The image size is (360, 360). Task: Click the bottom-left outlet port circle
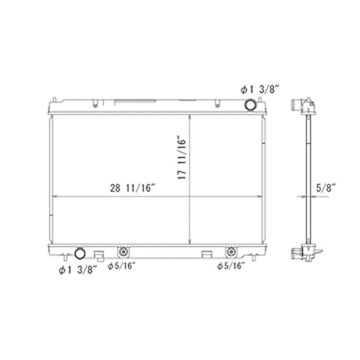[x=80, y=253]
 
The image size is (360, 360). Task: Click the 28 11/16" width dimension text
[x=133, y=188]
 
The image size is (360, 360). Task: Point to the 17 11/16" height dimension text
[x=181, y=157]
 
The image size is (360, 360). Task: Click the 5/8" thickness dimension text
[x=326, y=188]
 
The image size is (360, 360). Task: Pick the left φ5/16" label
[x=122, y=266]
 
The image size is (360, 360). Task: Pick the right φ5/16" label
[x=231, y=266]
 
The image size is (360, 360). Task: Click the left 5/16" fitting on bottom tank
[x=123, y=252]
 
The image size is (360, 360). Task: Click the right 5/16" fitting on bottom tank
[x=232, y=252]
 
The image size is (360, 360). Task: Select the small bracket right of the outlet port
[x=100, y=254]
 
